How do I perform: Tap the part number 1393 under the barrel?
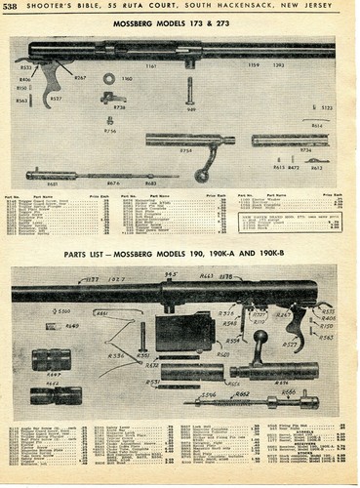[279, 66]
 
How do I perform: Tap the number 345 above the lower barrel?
[171, 274]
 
